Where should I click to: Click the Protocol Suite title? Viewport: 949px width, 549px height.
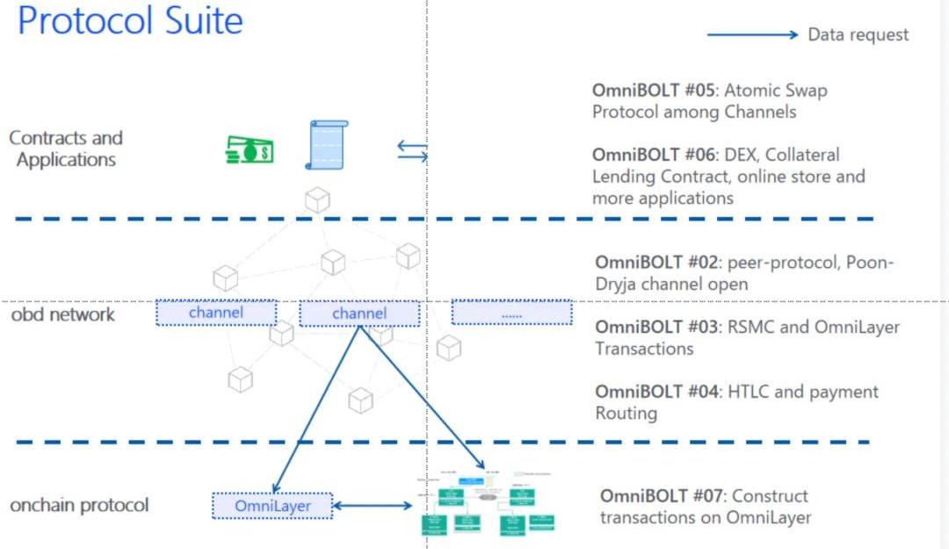[x=130, y=21]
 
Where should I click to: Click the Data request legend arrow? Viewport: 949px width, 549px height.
[x=752, y=35]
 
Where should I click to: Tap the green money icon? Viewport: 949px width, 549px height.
[x=250, y=149]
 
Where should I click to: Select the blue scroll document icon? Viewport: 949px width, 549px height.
[x=326, y=145]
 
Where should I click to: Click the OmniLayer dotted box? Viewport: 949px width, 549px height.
[x=272, y=506]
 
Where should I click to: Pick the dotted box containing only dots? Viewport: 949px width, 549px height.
[x=512, y=313]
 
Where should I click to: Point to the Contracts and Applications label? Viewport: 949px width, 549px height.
[x=66, y=148]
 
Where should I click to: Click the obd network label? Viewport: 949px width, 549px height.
[x=62, y=314]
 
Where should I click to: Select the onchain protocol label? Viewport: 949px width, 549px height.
[x=79, y=505]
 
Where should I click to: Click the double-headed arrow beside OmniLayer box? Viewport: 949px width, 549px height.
[x=373, y=505]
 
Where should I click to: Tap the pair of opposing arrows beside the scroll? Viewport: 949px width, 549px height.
[x=412, y=151]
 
